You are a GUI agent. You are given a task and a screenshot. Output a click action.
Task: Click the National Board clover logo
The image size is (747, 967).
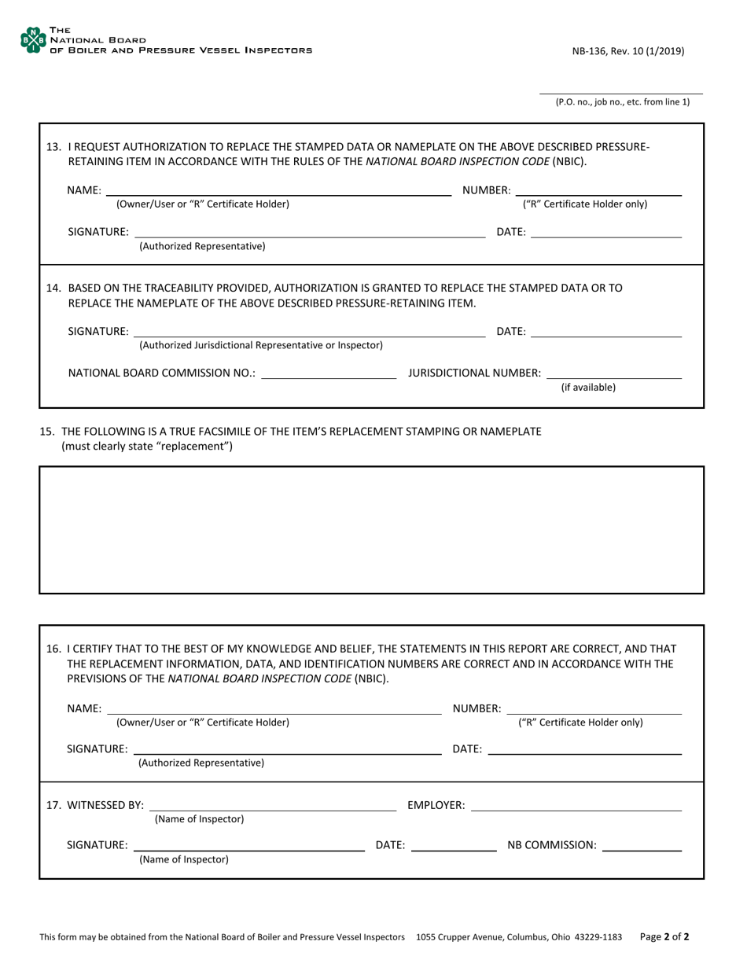32,40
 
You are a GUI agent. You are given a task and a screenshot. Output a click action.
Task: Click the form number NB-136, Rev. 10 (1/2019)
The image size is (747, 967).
627,51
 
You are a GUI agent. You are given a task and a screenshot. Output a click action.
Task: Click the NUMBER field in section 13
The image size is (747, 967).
599,189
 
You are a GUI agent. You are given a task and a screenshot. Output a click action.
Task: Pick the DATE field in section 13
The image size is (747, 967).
606,232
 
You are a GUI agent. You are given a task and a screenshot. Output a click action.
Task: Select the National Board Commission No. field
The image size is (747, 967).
329,373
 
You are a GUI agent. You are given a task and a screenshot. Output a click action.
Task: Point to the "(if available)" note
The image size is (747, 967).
588,387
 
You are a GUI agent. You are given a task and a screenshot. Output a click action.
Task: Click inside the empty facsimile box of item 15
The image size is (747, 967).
371,529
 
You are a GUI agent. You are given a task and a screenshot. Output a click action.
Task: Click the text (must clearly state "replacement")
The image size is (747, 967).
147,447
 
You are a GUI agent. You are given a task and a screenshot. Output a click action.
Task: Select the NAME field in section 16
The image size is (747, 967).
274,708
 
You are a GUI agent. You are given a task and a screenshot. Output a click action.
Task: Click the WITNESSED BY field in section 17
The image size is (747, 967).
273,805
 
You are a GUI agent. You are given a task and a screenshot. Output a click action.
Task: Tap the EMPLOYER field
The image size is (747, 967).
576,805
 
